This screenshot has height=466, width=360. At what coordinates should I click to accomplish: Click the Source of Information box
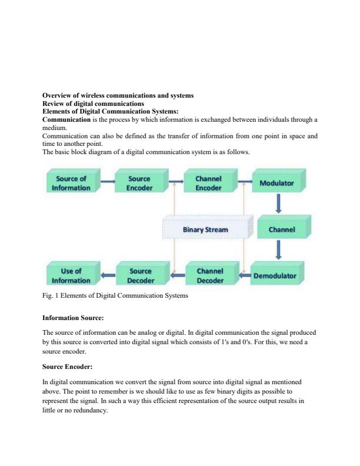72,183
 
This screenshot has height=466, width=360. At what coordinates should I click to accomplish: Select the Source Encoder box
139,183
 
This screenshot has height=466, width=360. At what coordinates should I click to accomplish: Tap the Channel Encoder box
208,183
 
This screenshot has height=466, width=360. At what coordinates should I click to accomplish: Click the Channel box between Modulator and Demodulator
281,229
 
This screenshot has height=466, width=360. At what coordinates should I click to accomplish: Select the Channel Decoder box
209,275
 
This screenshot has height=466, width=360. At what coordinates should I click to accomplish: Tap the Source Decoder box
140,275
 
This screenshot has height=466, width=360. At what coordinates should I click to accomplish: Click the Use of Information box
72,275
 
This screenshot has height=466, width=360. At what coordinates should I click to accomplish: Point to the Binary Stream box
205,229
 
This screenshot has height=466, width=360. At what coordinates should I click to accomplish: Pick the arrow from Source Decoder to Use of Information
107,275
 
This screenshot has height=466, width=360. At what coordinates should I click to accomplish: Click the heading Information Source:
73,318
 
